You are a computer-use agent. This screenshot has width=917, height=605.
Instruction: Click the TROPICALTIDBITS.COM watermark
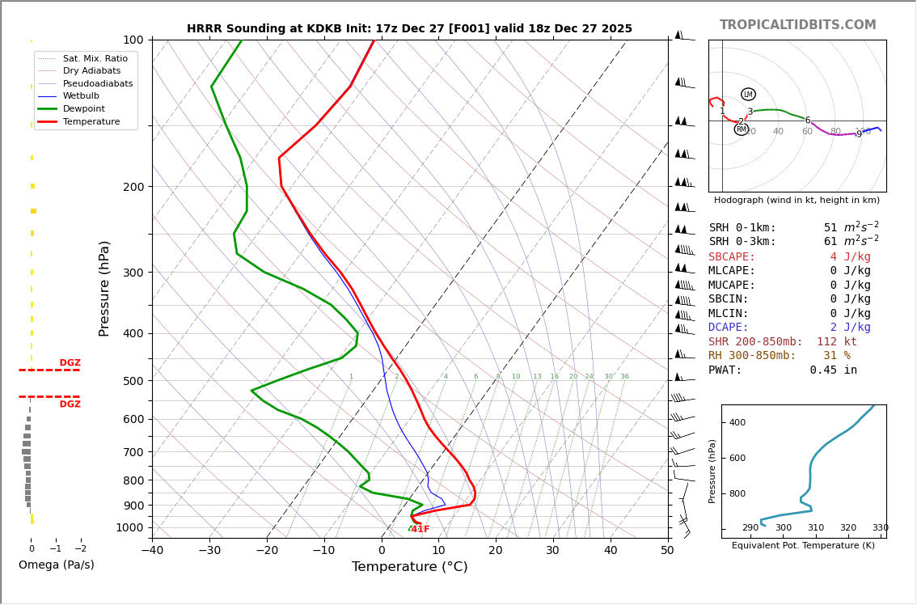pyautogui.click(x=797, y=25)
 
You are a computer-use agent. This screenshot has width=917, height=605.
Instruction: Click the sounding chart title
pyautogui.click(x=409, y=29)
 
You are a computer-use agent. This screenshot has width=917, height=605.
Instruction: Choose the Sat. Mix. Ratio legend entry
pyautogui.click(x=95, y=58)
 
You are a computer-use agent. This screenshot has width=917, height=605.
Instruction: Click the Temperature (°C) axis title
pyautogui.click(x=409, y=568)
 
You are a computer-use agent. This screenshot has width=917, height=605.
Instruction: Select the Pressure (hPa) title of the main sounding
pyautogui.click(x=105, y=288)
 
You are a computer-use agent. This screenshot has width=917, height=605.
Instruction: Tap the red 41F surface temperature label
pyautogui.click(x=420, y=530)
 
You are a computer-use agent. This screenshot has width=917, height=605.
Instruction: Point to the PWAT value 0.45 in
pyautogui.click(x=833, y=370)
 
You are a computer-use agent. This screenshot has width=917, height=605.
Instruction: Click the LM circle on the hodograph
pyautogui.click(x=748, y=95)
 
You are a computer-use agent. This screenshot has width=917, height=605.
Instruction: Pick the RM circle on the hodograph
pyautogui.click(x=741, y=129)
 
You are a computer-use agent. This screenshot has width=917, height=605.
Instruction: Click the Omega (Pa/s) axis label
pyautogui.click(x=56, y=565)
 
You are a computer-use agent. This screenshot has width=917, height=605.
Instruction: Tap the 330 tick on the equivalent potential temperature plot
pyautogui.click(x=880, y=528)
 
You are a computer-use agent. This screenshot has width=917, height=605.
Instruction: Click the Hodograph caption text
pyautogui.click(x=797, y=201)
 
